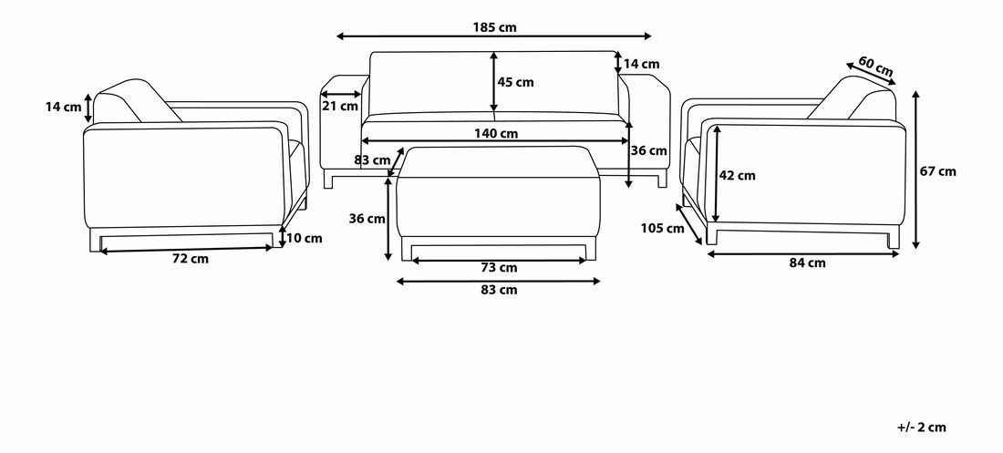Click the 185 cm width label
tap(494, 26)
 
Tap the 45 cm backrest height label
tap(515, 83)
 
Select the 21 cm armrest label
tap(340, 107)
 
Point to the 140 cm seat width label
tap(496, 134)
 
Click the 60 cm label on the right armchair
tap(875, 66)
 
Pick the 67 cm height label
tap(937, 171)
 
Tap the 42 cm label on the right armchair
tap(737, 175)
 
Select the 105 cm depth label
tap(662, 229)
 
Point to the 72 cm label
tap(191, 259)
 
